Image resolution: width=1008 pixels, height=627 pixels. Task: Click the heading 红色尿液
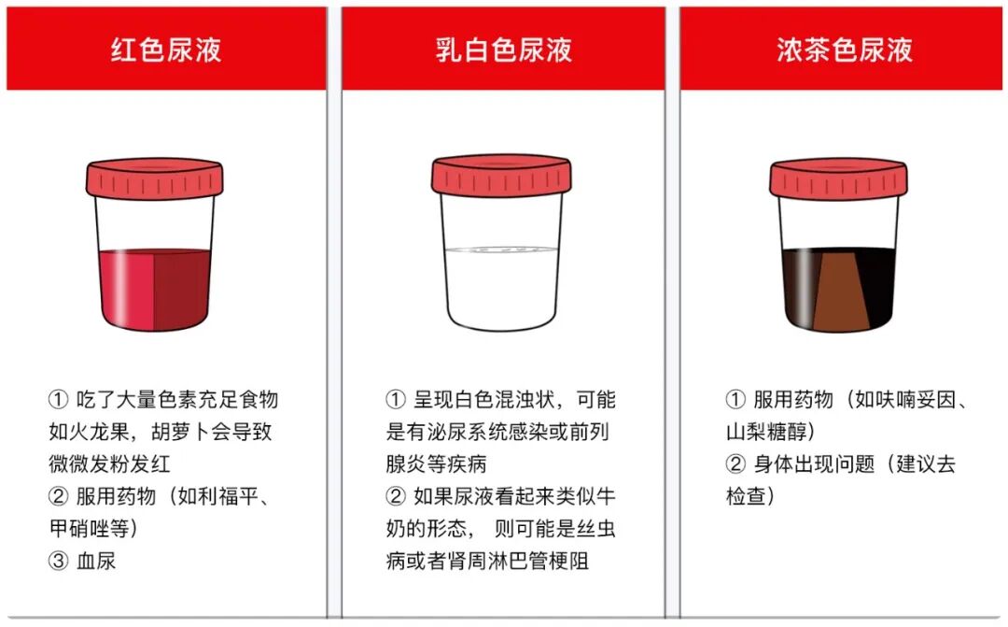166,50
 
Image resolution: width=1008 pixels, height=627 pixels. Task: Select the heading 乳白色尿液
503,50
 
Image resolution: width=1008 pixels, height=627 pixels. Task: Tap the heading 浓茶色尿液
844,50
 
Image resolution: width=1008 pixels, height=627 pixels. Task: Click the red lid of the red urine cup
155,178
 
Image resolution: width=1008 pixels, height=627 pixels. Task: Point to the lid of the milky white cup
501,175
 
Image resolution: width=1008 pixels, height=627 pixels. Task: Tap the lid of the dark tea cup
838,178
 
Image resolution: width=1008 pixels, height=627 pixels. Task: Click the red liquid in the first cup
155,290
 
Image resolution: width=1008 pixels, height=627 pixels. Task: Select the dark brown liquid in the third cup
838,290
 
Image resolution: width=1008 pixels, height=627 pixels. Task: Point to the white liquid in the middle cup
501,289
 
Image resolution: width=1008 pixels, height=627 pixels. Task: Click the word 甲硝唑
79,529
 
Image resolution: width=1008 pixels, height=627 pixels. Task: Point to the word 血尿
96,561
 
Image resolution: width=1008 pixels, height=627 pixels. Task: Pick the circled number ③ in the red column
58,561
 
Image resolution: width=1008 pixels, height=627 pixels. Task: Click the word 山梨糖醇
765,432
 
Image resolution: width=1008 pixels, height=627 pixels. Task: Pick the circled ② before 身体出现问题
735,464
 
